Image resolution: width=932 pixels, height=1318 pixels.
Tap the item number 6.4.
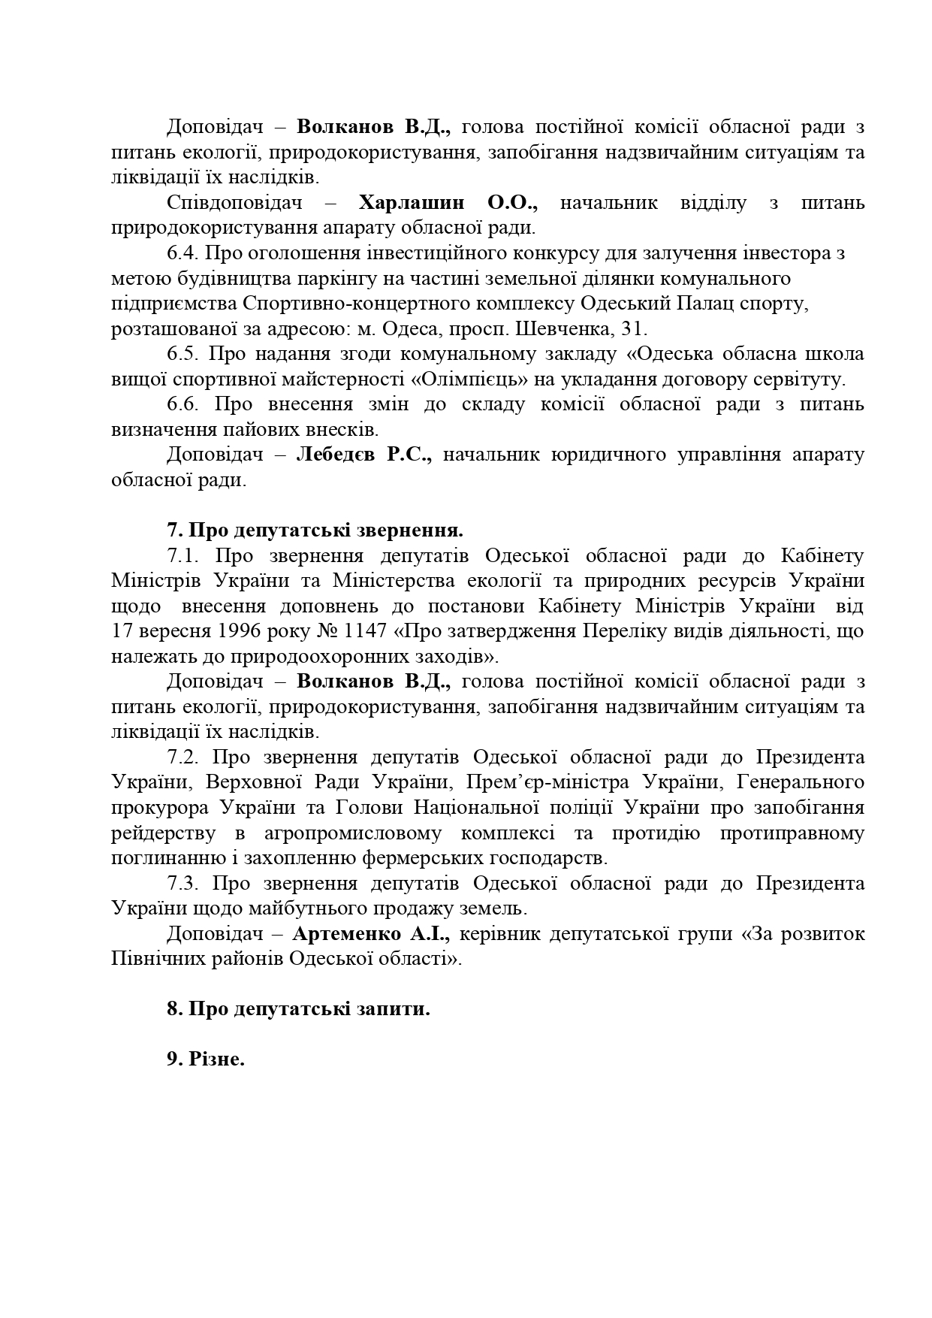point(182,253)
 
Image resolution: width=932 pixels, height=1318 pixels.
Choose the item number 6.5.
point(182,354)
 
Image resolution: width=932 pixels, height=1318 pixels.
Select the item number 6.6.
point(182,404)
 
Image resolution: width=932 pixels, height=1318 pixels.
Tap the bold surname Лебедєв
point(338,455)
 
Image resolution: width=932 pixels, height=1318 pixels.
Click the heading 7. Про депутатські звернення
point(315,531)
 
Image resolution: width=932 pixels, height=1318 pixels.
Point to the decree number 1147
point(383,631)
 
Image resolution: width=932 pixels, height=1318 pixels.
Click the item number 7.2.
point(182,757)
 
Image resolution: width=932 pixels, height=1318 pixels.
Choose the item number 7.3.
point(182,884)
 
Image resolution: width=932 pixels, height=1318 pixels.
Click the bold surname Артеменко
point(342,934)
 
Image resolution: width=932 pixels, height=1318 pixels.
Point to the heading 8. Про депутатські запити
point(298,1009)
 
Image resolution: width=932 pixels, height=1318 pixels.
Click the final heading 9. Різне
point(206,1060)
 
